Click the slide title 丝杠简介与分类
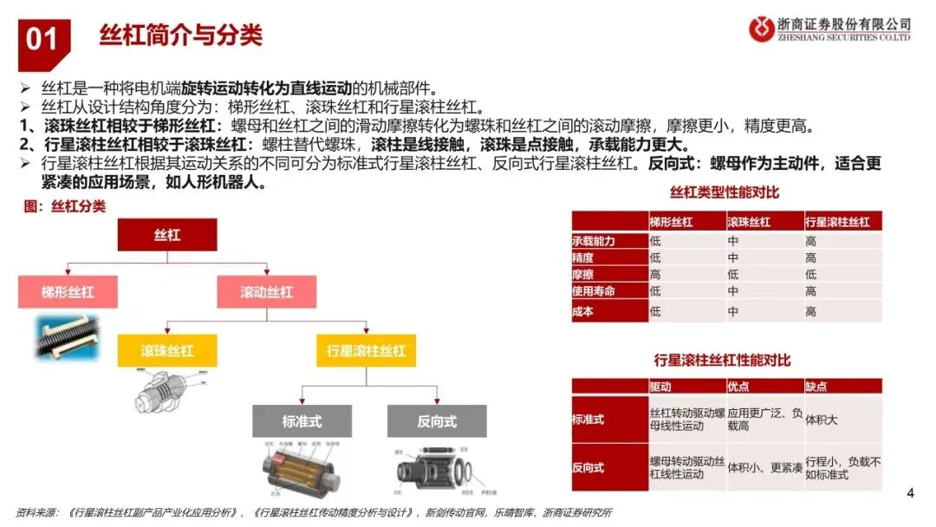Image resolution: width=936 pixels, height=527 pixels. pos(180,36)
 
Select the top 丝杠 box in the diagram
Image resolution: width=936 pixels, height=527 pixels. pos(166,235)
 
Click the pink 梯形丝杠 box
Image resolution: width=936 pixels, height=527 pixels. pos(68,292)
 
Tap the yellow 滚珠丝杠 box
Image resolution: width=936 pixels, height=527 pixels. pos(167,351)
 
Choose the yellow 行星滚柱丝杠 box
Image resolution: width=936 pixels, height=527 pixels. pos(365,351)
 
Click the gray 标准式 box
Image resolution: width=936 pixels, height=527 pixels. pos(301,421)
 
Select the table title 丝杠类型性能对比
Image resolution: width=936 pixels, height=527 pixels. pos(725,192)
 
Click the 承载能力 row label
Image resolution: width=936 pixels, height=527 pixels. pos(594,241)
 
